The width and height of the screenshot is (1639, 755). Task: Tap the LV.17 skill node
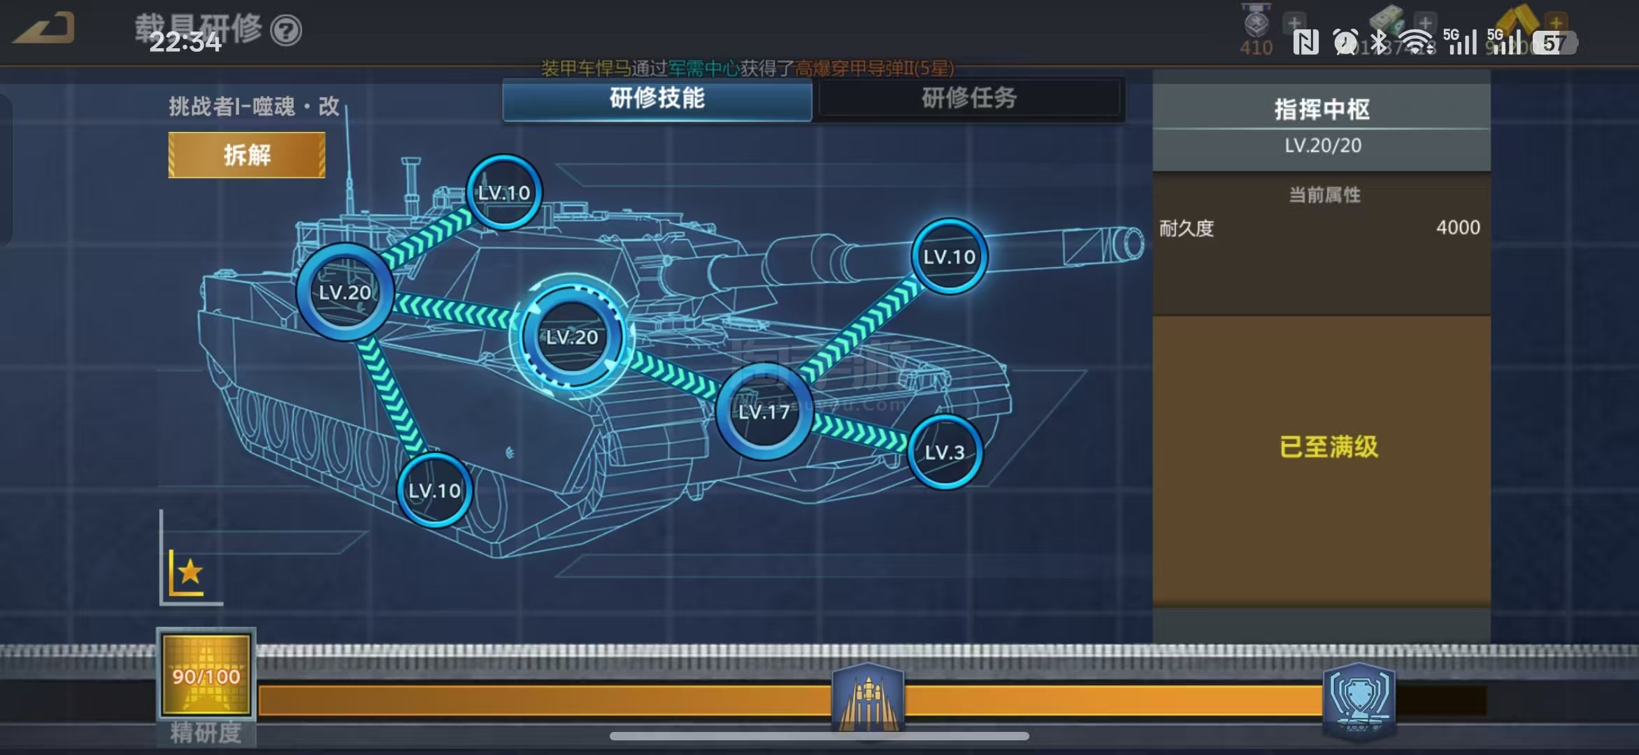pyautogui.click(x=764, y=411)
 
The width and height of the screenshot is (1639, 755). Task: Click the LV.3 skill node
pyautogui.click(x=945, y=452)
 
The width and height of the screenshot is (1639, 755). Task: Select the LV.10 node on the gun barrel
pyautogui.click(x=949, y=257)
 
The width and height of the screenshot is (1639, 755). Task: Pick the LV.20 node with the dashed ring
pyautogui.click(x=572, y=337)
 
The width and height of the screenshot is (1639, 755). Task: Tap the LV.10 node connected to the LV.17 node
pyautogui.click(x=949, y=257)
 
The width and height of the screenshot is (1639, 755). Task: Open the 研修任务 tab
pyautogui.click(x=969, y=99)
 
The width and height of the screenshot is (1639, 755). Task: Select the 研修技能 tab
pyautogui.click(x=657, y=99)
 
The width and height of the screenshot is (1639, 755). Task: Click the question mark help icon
pyautogui.click(x=286, y=31)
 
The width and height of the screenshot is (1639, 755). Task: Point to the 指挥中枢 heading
pyautogui.click(x=1322, y=110)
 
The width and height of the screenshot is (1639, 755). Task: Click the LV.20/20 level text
pyautogui.click(x=1322, y=145)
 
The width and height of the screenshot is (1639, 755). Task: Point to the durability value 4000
pyautogui.click(x=1458, y=228)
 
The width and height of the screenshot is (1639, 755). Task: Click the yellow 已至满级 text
pyautogui.click(x=1329, y=447)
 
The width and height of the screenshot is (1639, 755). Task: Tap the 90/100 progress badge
pyautogui.click(x=206, y=675)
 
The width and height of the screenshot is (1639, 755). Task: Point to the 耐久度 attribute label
pyautogui.click(x=1187, y=229)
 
